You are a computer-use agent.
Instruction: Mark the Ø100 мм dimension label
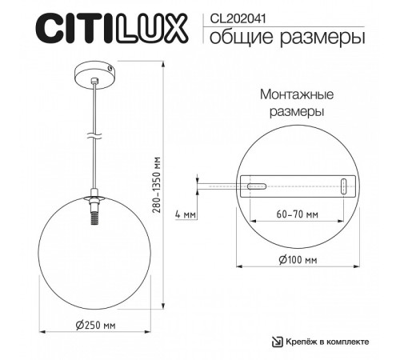point(298,260)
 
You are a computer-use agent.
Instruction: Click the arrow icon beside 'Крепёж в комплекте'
point(277,342)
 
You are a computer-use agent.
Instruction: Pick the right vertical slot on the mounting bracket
point(343,186)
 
